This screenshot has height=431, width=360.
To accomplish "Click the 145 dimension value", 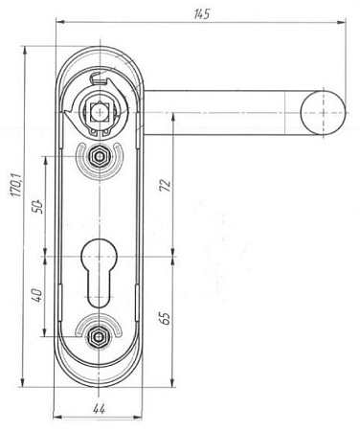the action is click(202, 14).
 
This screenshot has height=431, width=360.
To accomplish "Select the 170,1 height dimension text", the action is click(16, 185).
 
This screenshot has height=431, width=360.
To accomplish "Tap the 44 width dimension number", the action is click(99, 409).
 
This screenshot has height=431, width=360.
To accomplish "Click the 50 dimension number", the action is click(37, 207).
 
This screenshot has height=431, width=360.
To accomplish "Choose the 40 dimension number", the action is click(37, 295).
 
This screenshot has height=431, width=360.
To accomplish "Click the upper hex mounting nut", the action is click(100, 156).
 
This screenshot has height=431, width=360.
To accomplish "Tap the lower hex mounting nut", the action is click(100, 336).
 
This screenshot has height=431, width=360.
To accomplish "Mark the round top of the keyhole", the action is click(100, 252).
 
